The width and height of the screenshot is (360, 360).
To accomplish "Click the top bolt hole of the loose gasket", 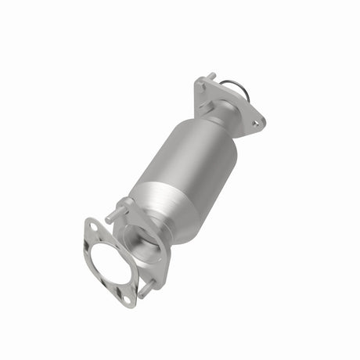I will pyautogui.click(x=92, y=226).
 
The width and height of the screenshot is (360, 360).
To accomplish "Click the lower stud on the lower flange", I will pyautogui.click(x=145, y=288).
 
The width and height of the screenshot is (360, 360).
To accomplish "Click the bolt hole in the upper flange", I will pyautogui.click(x=254, y=122).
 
